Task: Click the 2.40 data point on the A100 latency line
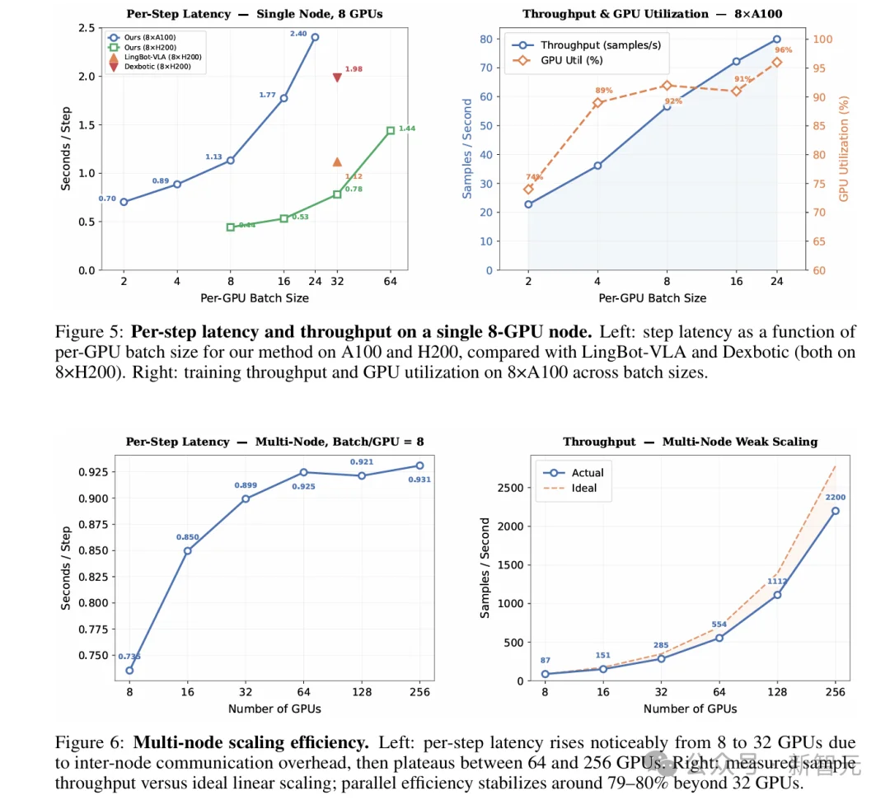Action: pos(315,37)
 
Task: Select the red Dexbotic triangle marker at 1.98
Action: pos(337,77)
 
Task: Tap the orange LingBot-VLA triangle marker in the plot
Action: pos(337,162)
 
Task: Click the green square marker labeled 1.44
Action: pos(391,130)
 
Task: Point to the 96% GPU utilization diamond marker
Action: pos(776,62)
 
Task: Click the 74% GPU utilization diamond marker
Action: pos(528,189)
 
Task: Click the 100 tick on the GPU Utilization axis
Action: pos(824,39)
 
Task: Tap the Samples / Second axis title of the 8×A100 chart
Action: pos(467,148)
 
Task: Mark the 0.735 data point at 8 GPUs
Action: pos(129,671)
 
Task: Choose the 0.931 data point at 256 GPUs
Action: pos(419,465)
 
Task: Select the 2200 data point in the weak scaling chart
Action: pos(836,511)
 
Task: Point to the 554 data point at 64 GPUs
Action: pos(719,638)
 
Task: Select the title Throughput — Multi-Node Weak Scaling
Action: pos(690,442)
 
